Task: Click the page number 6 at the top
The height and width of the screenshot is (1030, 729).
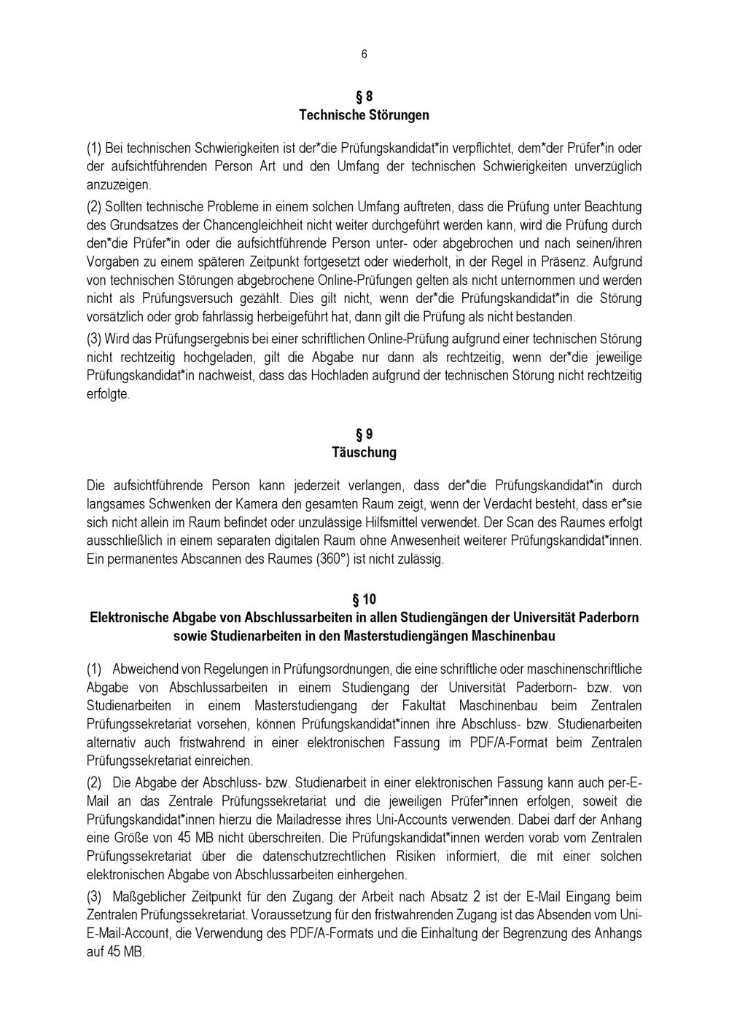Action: point(364,55)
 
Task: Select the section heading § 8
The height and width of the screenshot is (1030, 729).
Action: point(364,96)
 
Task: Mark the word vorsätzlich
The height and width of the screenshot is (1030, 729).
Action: point(117,317)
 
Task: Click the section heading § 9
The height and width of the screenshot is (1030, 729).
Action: point(364,434)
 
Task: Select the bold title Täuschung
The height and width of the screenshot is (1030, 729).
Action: point(364,452)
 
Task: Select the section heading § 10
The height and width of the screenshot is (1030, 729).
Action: point(364,599)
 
